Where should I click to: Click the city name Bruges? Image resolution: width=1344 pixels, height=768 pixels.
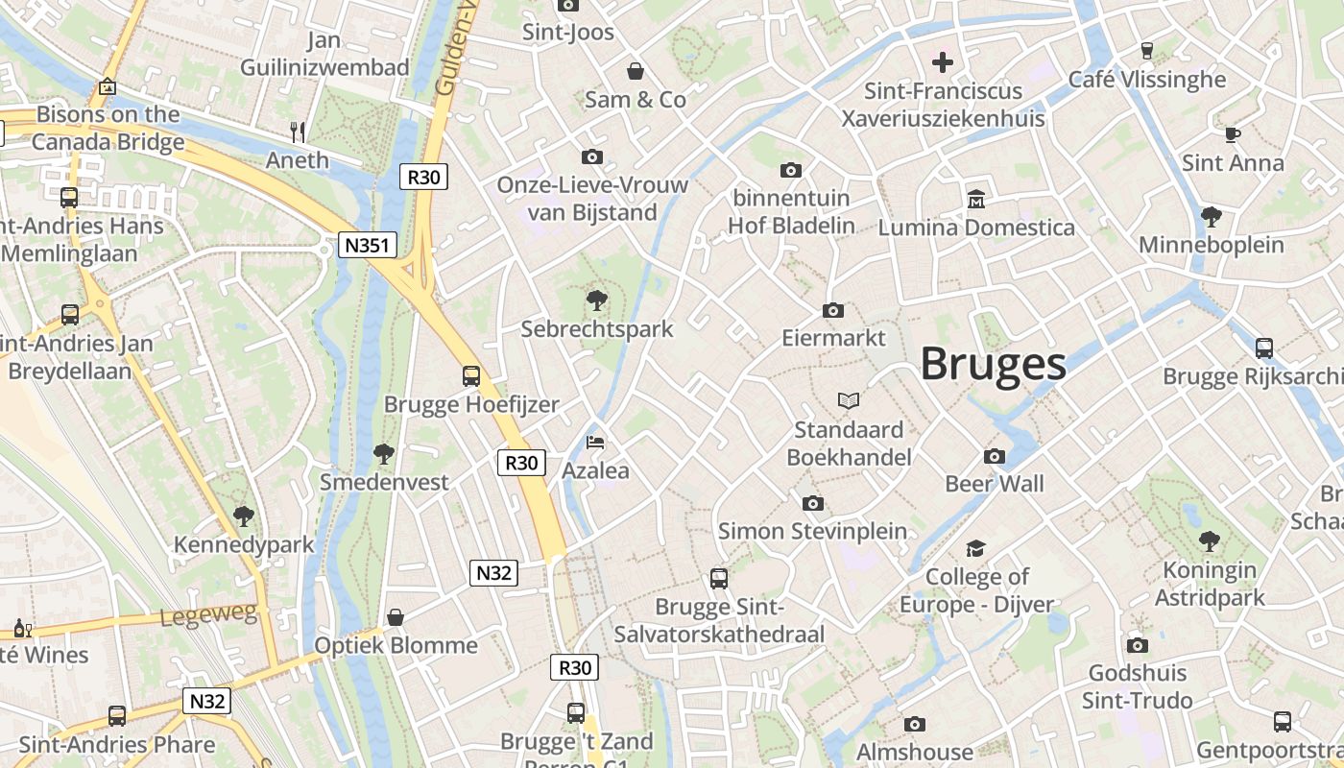point(994,365)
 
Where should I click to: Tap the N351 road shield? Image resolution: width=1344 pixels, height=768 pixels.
point(368,245)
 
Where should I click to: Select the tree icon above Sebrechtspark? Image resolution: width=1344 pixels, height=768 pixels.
point(597,300)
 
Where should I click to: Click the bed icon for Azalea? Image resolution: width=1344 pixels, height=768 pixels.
point(595,443)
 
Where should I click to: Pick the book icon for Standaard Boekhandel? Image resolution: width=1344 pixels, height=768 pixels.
point(849,400)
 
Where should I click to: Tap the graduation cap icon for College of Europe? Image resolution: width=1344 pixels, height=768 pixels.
point(975,548)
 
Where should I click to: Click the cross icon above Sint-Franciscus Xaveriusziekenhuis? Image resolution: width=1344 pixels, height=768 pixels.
point(943,62)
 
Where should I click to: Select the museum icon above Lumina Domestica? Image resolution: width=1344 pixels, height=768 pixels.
point(976,199)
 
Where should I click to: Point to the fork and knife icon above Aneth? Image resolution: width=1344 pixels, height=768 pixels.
point(298,132)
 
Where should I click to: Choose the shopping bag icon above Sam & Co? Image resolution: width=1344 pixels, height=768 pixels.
point(636,71)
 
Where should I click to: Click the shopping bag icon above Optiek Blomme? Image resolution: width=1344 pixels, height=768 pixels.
point(396,616)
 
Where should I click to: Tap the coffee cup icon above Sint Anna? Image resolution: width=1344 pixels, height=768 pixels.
point(1233,134)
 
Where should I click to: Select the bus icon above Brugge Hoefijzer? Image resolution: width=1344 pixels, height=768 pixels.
point(470,375)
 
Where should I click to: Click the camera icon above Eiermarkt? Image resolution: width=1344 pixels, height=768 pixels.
point(833,310)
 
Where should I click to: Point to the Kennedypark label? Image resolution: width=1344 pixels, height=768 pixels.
point(244,545)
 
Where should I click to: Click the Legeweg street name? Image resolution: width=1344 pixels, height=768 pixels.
point(209,616)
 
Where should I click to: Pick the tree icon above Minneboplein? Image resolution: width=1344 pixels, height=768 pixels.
point(1211,216)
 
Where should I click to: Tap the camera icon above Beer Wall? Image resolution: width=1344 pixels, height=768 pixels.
point(995,456)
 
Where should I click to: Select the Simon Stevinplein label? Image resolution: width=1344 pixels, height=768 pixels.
point(812,531)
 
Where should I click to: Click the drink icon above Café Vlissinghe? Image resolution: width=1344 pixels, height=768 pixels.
point(1146,51)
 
